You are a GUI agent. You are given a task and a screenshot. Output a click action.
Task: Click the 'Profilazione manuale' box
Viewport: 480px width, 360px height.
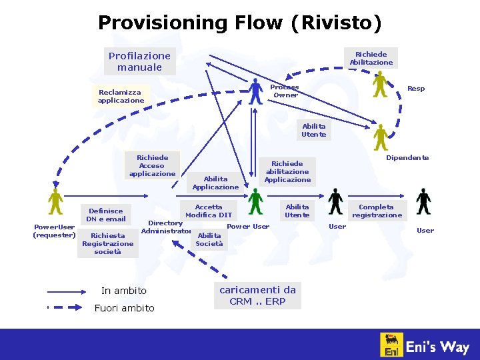pyautogui.click(x=140, y=61)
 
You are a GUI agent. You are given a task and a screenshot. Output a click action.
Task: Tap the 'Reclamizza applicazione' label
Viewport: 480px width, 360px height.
pyautogui.click(x=121, y=96)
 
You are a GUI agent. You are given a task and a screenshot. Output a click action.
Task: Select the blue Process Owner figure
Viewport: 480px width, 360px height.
pyautogui.click(x=255, y=91)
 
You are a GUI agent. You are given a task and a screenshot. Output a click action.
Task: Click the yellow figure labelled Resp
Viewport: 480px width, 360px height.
pyautogui.click(x=380, y=84)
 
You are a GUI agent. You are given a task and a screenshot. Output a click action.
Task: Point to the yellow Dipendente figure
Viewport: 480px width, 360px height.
pyautogui.click(x=381, y=137)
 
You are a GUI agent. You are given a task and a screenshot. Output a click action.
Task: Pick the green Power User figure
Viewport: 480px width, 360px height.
pyautogui.click(x=255, y=201)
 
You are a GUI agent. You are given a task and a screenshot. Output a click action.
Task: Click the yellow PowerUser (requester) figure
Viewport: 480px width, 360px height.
pyautogui.click(x=55, y=201)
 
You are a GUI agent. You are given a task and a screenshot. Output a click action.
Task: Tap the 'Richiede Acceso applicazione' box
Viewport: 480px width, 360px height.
pyautogui.click(x=152, y=165)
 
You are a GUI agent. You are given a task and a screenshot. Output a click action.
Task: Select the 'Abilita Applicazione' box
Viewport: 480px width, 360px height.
pyautogui.click(x=215, y=183)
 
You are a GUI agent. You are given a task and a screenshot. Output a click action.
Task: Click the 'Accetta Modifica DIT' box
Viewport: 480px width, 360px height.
pyautogui.click(x=209, y=211)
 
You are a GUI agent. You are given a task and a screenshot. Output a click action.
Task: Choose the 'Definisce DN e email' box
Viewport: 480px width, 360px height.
pyautogui.click(x=106, y=215)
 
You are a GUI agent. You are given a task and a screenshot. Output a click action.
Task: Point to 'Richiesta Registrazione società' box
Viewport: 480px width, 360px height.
pyautogui.click(x=108, y=244)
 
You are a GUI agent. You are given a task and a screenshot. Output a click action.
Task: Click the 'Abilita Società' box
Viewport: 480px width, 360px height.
pyautogui.click(x=209, y=240)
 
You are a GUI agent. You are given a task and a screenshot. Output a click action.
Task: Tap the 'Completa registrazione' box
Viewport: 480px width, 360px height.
pyautogui.click(x=377, y=211)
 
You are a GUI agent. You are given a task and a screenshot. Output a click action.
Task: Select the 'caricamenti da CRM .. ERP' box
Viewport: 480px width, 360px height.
pyautogui.click(x=257, y=296)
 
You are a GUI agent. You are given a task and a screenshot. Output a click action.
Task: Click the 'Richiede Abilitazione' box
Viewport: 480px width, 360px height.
pyautogui.click(x=371, y=58)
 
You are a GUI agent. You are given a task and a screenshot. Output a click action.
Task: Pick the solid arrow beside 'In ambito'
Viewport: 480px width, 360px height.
pyautogui.click(x=67, y=292)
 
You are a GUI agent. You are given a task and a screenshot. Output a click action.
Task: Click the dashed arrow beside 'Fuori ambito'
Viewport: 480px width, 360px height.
pyautogui.click(x=65, y=307)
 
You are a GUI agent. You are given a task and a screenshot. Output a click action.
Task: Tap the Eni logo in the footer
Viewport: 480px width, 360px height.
pyautogui.click(x=391, y=345)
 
